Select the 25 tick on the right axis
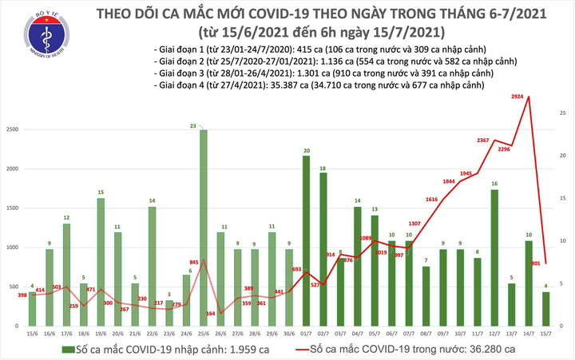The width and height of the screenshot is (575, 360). [x=563, y=114]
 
